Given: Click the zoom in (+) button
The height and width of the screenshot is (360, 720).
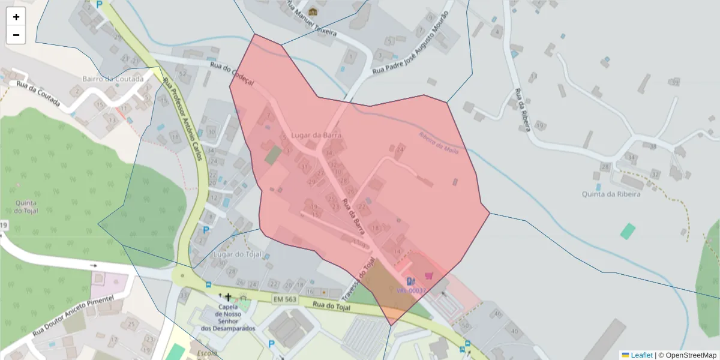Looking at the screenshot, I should pos(16,17).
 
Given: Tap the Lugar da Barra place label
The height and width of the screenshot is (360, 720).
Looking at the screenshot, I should pos(316,136).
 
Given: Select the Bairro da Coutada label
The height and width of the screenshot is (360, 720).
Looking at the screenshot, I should pos(113,79).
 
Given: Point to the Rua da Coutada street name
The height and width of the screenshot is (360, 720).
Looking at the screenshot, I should pos(38,94).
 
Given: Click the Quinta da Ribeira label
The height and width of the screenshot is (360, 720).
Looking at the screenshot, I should pos(611,194).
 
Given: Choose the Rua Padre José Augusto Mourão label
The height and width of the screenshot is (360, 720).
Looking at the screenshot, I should pos(410,43).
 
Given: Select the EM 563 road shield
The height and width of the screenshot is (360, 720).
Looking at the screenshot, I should pos(284,298).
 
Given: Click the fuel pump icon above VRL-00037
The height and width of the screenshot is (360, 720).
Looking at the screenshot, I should pos(410,280).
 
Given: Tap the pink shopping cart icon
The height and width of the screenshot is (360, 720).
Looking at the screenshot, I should pos(428,275).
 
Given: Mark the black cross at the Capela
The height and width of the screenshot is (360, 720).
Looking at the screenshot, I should pos(228,296).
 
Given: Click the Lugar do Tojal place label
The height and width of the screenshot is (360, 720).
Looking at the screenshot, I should pos(238,254).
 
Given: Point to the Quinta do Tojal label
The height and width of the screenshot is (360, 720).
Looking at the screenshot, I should pos(26,206).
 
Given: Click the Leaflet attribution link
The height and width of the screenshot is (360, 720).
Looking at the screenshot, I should pos(637,355).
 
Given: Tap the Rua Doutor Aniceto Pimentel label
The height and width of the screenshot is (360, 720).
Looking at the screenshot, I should pos(73,316).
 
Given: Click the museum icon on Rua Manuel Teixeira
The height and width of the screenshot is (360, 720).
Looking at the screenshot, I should pos(313,11).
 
